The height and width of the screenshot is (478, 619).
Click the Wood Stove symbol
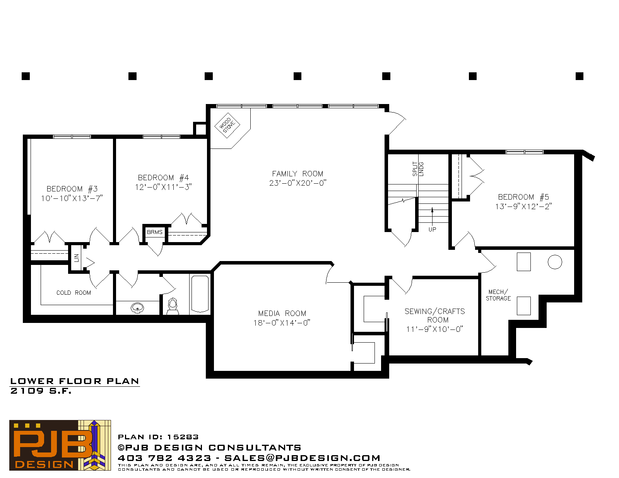227,126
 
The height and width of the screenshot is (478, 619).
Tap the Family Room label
298,174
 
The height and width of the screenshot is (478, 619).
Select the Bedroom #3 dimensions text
72,198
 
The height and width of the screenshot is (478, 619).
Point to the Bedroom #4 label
163,178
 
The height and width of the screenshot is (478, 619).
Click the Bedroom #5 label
523,197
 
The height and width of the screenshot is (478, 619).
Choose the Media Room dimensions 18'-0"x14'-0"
282,323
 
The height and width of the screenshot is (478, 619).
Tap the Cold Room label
74,293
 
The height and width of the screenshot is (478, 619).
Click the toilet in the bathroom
173,306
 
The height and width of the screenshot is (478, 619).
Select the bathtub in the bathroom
200,294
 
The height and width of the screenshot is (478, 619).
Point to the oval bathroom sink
137,308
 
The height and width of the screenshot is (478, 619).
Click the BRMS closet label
155,232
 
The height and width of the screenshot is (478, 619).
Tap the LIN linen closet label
76,258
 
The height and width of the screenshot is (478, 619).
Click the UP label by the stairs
432,229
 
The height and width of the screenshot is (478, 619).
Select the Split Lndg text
418,169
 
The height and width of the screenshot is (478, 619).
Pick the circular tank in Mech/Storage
555,262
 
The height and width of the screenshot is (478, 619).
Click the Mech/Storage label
498,295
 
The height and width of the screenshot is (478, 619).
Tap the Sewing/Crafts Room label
435,316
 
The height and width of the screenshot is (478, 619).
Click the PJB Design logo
60,445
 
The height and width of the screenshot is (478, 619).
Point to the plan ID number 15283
183,437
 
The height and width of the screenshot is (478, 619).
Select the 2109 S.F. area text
41,391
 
